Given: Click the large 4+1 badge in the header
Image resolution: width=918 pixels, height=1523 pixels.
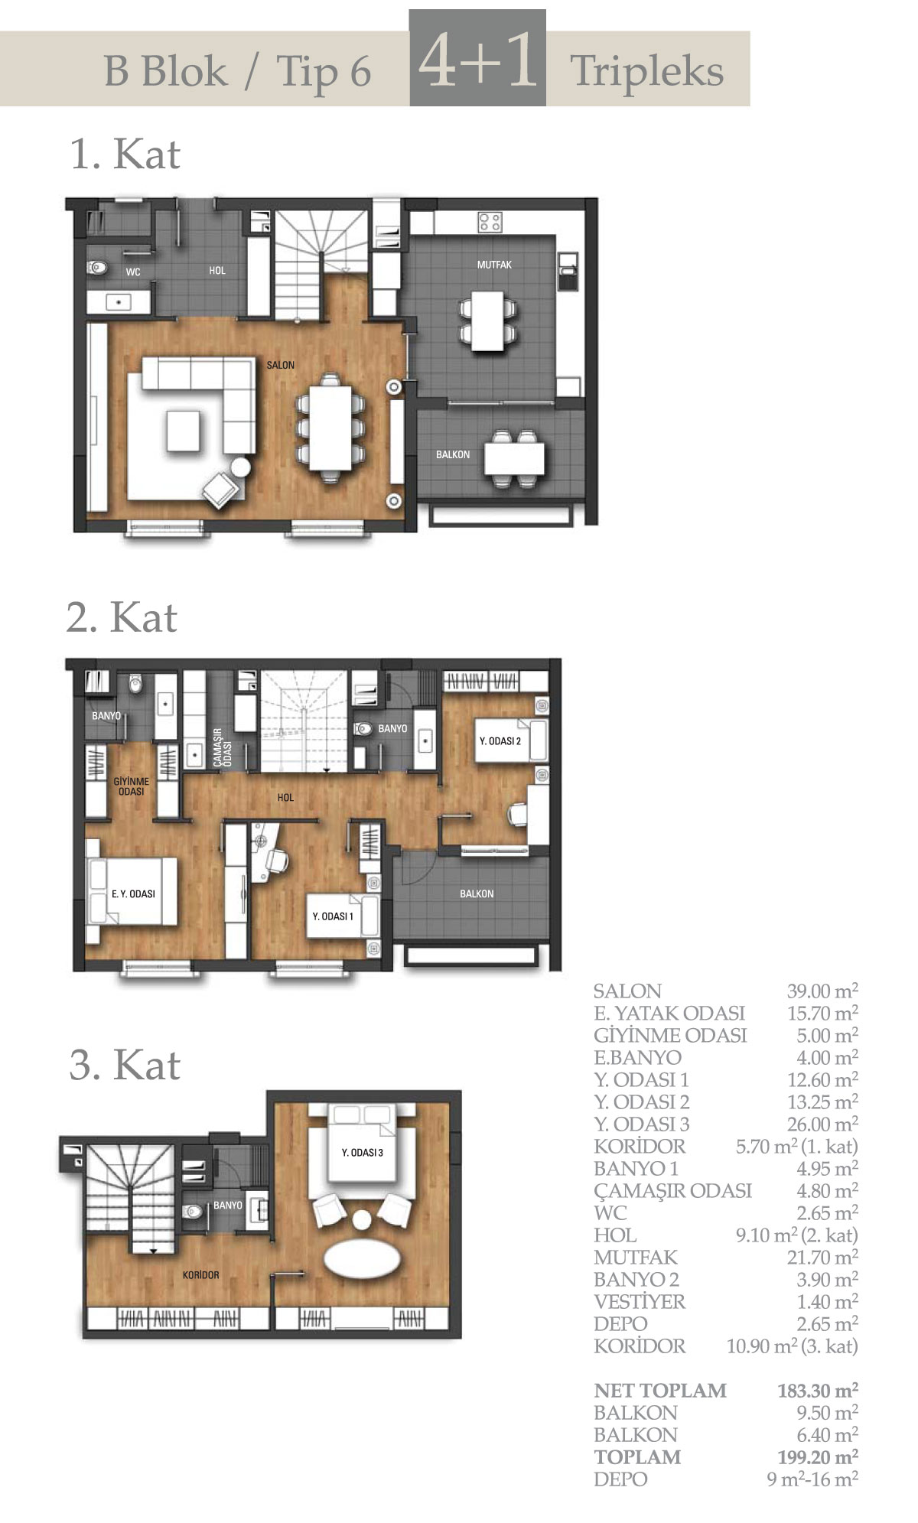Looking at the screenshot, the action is click(x=477, y=58).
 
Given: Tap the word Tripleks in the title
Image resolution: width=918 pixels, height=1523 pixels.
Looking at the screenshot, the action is click(x=647, y=73).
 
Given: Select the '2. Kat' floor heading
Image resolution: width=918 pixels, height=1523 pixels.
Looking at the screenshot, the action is click(x=122, y=617).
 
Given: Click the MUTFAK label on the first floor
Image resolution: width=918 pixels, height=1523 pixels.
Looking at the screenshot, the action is click(x=494, y=265).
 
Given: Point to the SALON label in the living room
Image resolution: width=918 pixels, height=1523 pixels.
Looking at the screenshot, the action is click(x=280, y=366).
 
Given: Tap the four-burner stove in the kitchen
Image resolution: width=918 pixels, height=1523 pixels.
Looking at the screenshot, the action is click(x=490, y=223).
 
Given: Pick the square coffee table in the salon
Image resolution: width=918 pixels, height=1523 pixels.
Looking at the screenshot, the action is click(x=183, y=430).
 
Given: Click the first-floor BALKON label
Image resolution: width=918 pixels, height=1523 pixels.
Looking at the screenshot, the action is click(x=453, y=455).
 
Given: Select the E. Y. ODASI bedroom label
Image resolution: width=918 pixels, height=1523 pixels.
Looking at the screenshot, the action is click(x=133, y=894).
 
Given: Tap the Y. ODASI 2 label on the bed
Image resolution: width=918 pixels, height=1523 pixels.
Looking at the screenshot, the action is click(x=500, y=741).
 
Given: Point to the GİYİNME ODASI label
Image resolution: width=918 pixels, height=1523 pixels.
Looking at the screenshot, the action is click(x=131, y=786).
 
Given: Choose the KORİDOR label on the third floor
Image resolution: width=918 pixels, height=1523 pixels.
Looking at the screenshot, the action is click(x=200, y=1275).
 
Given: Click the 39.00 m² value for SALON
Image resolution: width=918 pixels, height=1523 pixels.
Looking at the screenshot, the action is click(x=822, y=991).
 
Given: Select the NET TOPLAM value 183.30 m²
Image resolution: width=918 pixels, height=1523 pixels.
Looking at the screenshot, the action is click(x=818, y=1391).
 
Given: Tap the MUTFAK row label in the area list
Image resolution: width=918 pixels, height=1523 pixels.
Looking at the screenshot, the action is click(x=636, y=1258).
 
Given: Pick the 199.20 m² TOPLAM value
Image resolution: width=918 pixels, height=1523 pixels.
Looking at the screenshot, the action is click(x=818, y=1457).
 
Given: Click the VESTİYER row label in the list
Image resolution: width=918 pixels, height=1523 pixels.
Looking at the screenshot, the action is click(x=640, y=1302).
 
